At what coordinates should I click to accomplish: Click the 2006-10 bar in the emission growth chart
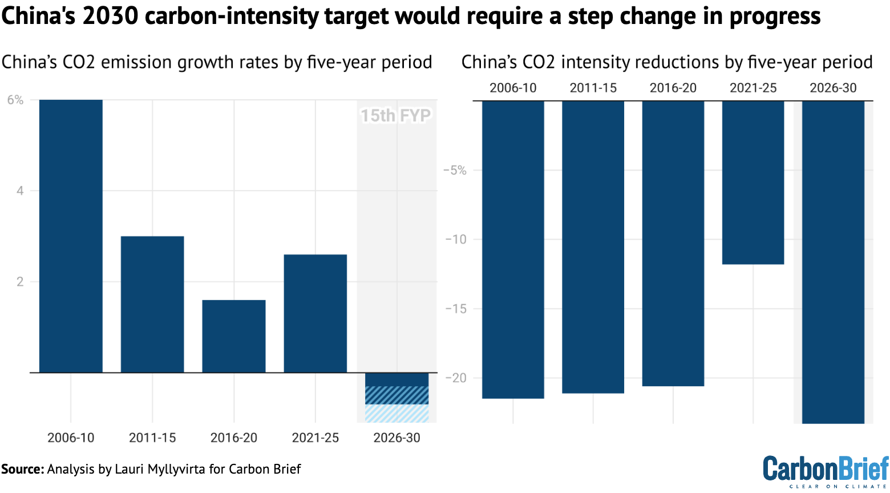(x=71, y=236)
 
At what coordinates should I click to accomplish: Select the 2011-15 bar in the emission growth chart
(x=152, y=304)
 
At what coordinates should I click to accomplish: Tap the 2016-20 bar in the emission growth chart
(x=234, y=336)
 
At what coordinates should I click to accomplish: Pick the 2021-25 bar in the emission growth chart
(x=315, y=313)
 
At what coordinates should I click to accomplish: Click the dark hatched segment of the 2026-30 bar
(x=397, y=395)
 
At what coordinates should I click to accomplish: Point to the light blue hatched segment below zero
(x=397, y=413)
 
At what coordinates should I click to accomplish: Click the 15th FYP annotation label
(x=395, y=116)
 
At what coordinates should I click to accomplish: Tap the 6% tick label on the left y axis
(x=15, y=100)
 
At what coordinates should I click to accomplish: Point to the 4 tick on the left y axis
(x=20, y=191)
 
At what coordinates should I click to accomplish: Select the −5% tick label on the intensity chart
(x=455, y=171)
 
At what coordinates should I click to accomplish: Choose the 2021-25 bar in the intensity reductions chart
(x=753, y=182)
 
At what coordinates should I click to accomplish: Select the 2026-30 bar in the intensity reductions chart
(x=833, y=262)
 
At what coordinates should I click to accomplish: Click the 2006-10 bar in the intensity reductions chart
(x=513, y=249)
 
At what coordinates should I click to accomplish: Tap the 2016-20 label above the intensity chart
(x=673, y=88)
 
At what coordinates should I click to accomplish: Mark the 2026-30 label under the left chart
(x=397, y=438)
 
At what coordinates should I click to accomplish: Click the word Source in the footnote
(x=22, y=469)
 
